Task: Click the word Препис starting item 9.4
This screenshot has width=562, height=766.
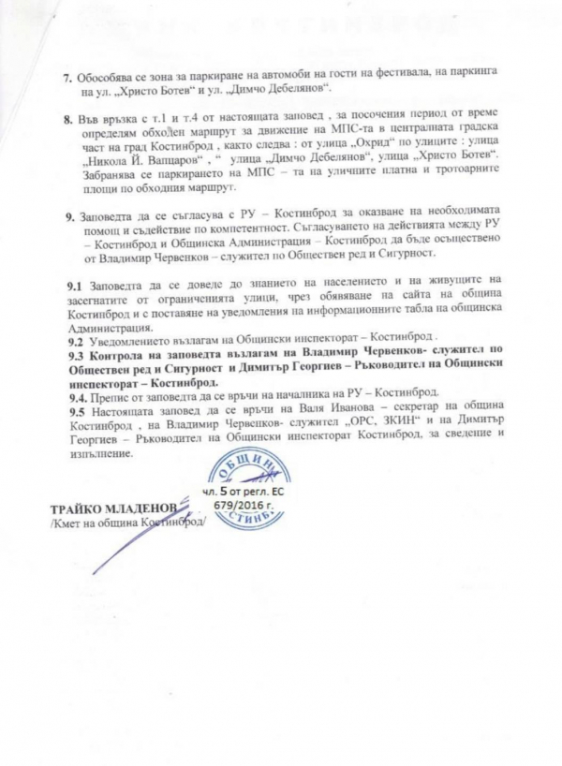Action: [x=111, y=396]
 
